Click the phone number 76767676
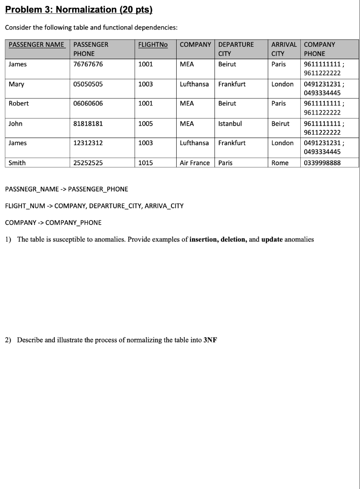[x=88, y=64]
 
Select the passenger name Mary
[x=16, y=84]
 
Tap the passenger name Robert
[x=19, y=103]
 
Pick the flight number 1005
[x=145, y=123]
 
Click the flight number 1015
[x=145, y=163]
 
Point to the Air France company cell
[x=194, y=163]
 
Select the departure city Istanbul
[x=230, y=123]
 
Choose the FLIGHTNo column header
[x=153, y=44]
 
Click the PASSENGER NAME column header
[x=36, y=44]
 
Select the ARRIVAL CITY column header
[x=284, y=49]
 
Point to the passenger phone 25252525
[x=88, y=163]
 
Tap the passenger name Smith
[x=17, y=163]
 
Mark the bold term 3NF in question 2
[x=210, y=340]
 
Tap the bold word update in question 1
[x=272, y=239]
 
